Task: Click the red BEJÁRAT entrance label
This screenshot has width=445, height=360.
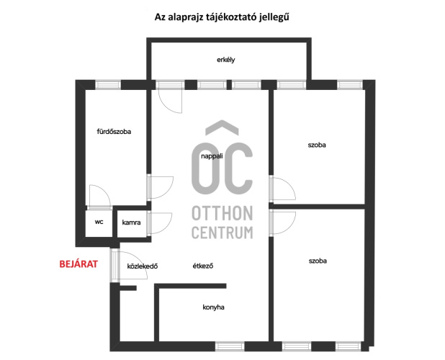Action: tap(78, 264)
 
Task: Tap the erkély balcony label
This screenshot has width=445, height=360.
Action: tap(226, 60)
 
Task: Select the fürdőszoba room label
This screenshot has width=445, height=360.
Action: tap(114, 132)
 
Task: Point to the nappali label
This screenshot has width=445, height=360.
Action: tap(212, 156)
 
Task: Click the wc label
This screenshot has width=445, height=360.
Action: tap(99, 222)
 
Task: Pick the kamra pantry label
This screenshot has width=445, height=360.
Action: tap(131, 222)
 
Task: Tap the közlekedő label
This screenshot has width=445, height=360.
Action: tap(143, 266)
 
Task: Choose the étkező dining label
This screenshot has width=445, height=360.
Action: tap(203, 266)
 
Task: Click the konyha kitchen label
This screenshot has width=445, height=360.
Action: tap(213, 307)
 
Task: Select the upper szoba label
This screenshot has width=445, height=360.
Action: tap(317, 145)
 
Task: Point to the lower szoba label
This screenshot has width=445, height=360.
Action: tap(318, 261)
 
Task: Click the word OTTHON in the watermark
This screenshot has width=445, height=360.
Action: tap(223, 213)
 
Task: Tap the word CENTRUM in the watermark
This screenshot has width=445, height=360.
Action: tap(223, 233)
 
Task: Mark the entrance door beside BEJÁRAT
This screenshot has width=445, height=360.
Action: tap(129, 265)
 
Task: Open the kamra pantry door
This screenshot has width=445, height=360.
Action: tap(160, 223)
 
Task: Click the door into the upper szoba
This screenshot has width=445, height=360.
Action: tap(283, 189)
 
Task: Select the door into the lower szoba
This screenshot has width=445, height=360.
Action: tap(283, 223)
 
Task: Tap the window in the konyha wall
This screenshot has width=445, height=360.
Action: tap(230, 346)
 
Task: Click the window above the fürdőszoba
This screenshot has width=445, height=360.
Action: tap(108, 85)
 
